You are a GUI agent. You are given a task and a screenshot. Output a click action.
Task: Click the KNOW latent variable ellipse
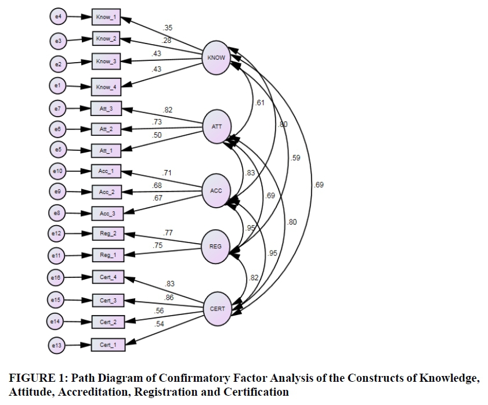click(x=216, y=57)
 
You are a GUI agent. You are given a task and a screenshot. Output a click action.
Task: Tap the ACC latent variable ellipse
click(x=216, y=190)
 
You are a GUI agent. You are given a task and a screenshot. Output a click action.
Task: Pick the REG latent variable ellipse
click(x=215, y=246)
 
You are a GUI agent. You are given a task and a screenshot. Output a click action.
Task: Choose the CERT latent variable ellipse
click(x=217, y=309)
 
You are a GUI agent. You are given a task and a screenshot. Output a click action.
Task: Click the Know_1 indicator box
click(x=106, y=18)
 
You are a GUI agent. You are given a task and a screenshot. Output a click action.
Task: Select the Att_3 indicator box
click(x=106, y=109)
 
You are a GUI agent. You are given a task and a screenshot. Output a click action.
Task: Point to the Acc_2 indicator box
click(x=106, y=192)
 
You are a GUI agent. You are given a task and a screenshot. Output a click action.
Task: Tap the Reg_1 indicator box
click(x=106, y=255)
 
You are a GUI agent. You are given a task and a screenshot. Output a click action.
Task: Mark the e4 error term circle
click(x=57, y=18)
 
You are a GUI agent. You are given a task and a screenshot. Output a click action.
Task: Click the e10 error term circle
click(x=57, y=171)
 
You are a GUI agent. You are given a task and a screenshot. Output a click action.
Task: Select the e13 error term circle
click(x=57, y=346)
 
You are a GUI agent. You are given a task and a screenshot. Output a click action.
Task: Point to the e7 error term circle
click(x=57, y=109)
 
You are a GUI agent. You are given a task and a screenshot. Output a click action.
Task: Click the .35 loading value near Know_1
click(x=168, y=28)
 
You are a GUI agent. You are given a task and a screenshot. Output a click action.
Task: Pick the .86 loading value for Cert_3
click(x=169, y=297)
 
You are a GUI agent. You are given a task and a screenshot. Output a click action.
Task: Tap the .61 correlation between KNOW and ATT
click(x=260, y=103)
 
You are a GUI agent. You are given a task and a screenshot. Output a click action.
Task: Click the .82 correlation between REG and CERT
click(x=253, y=279)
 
